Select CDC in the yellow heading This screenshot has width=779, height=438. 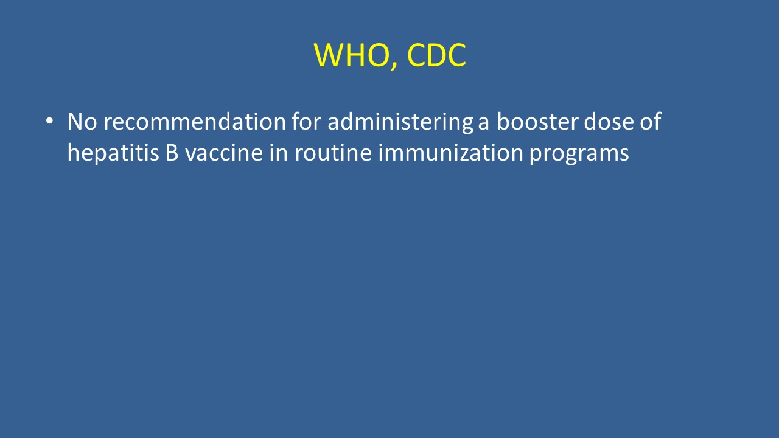click(x=436, y=55)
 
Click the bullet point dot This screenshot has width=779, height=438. click(x=49, y=121)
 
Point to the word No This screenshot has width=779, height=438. click(x=82, y=122)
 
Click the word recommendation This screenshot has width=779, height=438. click(x=195, y=121)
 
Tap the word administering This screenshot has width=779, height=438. click(x=400, y=123)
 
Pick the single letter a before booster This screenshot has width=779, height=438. click(x=483, y=123)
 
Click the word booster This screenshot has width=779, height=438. click(x=537, y=121)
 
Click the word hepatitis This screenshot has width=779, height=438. click(x=113, y=153)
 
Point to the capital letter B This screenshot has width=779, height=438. click(x=172, y=153)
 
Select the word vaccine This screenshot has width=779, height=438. click(x=223, y=153)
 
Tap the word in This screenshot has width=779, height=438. click(x=279, y=153)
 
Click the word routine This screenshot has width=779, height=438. click(x=333, y=153)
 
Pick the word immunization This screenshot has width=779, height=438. click(x=451, y=153)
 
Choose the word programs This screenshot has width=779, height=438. click(x=579, y=155)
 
